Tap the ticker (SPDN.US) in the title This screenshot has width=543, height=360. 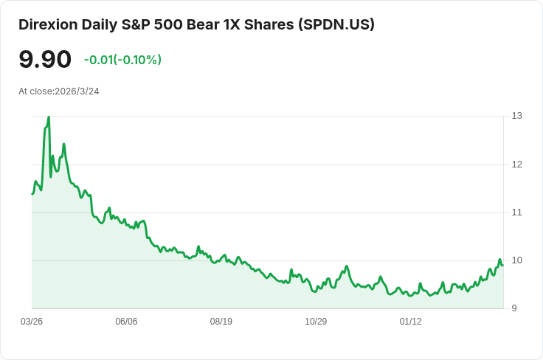click(336, 24)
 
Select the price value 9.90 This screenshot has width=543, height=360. click(45, 60)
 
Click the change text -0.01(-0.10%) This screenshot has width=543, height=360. click(122, 60)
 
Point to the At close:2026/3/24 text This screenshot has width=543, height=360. click(59, 91)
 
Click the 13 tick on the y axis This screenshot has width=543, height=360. click(516, 116)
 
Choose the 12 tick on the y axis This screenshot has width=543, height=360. click(516, 164)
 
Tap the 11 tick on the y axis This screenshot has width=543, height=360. click(516, 212)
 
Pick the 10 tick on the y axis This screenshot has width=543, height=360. click(516, 260)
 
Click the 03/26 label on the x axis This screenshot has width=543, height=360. click(32, 322)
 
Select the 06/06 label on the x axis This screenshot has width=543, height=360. click(126, 322)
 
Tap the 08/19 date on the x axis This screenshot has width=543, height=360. click(221, 322)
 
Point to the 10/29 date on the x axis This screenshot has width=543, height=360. click(316, 322)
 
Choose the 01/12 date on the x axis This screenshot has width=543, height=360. click(410, 322)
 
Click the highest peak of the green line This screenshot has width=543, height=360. click(49, 117)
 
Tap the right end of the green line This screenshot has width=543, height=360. click(502, 266)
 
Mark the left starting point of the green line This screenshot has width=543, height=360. click(32, 194)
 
